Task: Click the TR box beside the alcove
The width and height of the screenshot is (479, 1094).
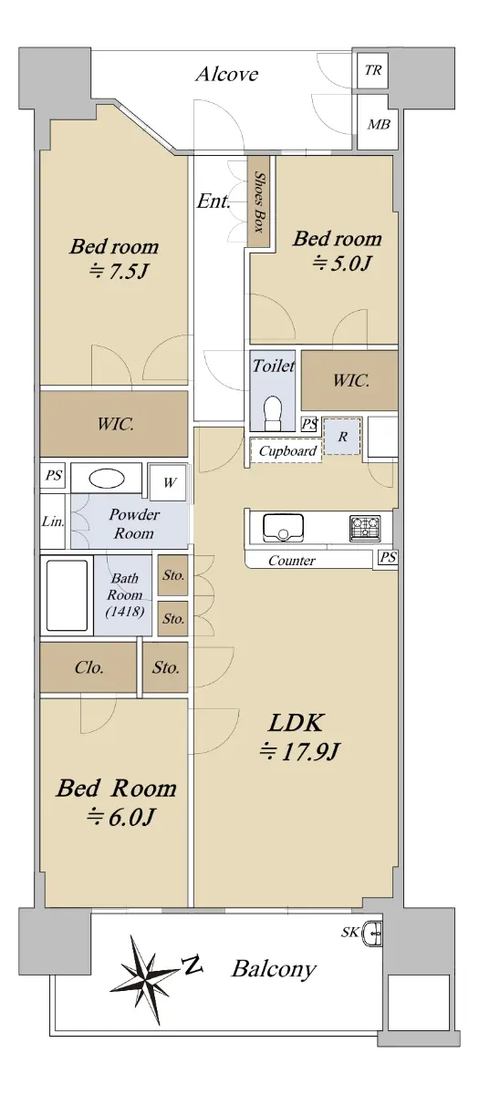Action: (x=372, y=70)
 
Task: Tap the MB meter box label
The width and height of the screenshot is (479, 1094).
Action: (x=379, y=125)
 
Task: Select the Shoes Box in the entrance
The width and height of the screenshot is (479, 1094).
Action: (x=258, y=201)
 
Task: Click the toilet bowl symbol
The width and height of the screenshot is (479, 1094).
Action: (x=273, y=407)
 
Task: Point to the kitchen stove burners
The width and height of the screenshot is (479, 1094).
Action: (x=365, y=528)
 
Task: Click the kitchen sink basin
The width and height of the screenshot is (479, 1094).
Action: (x=283, y=528)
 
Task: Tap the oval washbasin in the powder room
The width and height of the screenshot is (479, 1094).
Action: (x=107, y=478)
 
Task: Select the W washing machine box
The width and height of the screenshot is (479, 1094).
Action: (x=168, y=482)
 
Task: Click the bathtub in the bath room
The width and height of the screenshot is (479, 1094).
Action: (x=67, y=594)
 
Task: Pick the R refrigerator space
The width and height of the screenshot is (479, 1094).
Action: (x=343, y=436)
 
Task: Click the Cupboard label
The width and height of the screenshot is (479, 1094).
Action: (x=287, y=451)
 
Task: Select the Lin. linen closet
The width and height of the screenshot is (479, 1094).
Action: (x=52, y=521)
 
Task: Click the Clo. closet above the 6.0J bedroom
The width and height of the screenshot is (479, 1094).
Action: (x=88, y=667)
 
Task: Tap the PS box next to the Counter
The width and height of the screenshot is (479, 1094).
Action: (x=387, y=559)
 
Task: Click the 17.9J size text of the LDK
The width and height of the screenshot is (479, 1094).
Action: (x=298, y=751)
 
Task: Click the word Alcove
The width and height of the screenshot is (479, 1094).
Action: (x=227, y=74)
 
